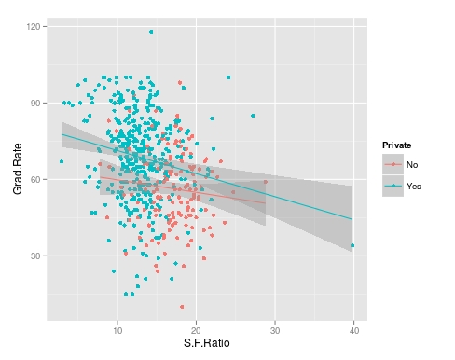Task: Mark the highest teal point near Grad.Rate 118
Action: pyautogui.click(x=151, y=32)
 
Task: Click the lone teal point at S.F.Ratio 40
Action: pyautogui.click(x=352, y=246)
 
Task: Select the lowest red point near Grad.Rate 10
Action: pyautogui.click(x=182, y=306)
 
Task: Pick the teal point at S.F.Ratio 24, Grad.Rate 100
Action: pyautogui.click(x=228, y=77)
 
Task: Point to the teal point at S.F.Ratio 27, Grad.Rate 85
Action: pyautogui.click(x=253, y=116)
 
